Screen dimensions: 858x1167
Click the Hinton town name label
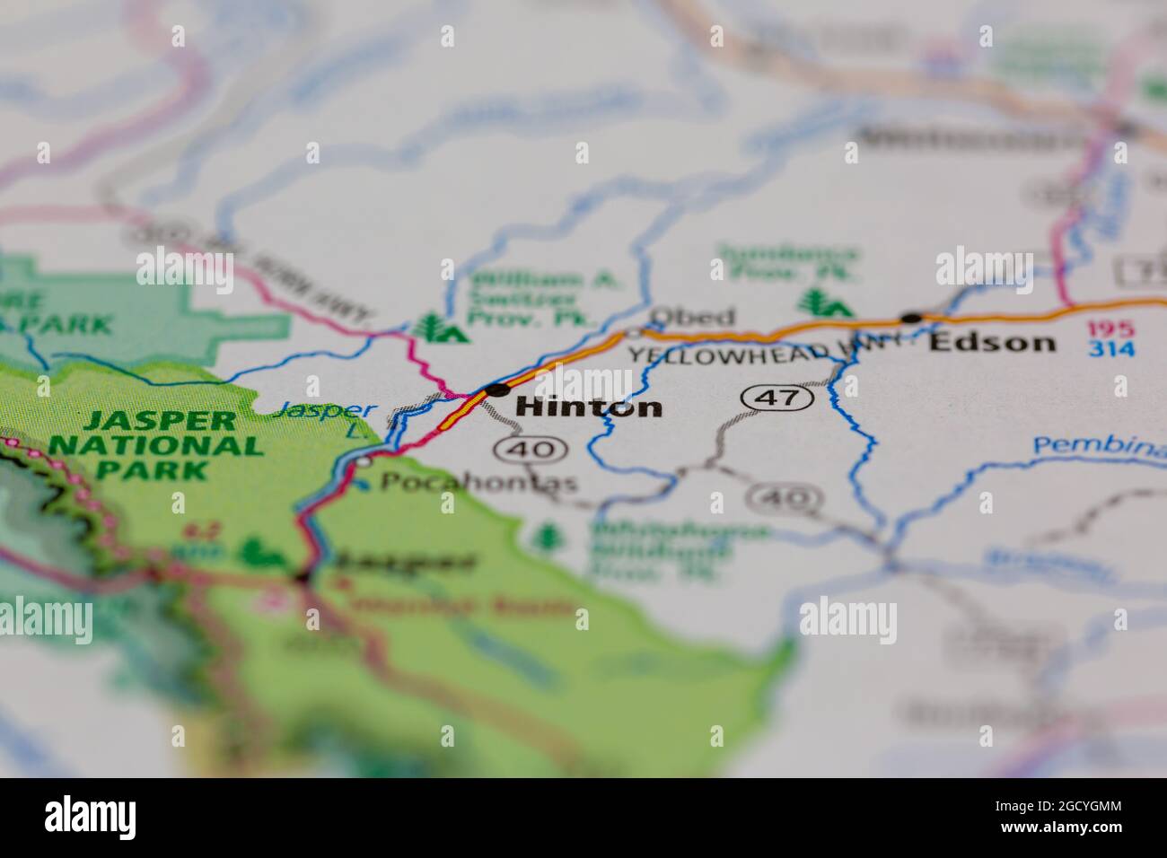(x=590, y=407)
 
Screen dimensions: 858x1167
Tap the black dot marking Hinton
(x=496, y=390)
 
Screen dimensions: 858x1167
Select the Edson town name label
(x=992, y=342)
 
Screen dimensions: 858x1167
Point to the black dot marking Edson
(x=911, y=318)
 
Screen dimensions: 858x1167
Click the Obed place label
(x=692, y=317)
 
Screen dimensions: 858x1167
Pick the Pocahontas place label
(x=478, y=483)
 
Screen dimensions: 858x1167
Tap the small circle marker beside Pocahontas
(x=363, y=461)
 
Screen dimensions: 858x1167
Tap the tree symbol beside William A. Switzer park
(x=440, y=328)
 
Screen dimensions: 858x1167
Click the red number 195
(x=1110, y=328)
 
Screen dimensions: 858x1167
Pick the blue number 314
(x=1110, y=348)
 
